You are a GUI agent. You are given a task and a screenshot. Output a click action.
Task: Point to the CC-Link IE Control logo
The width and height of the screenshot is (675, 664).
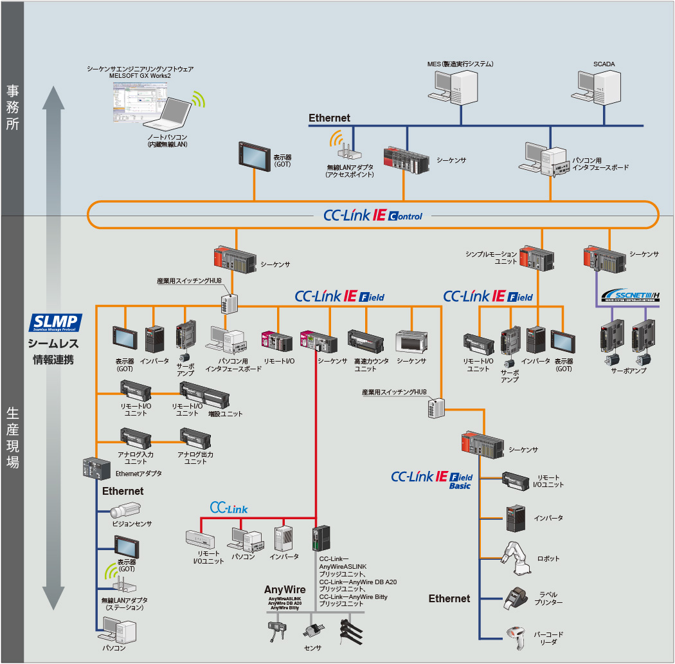(x=373, y=216)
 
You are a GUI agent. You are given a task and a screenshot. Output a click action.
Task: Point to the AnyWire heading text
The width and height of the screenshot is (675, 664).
(x=285, y=589)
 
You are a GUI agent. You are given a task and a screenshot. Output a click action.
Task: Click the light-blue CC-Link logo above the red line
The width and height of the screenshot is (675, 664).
(x=229, y=508)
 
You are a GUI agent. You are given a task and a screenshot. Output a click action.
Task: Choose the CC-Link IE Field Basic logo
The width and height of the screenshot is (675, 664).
(x=432, y=479)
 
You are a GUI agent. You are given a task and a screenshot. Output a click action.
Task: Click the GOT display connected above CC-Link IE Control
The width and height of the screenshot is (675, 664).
(x=256, y=156)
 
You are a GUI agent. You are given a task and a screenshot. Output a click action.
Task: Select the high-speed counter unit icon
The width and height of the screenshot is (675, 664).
(x=366, y=342)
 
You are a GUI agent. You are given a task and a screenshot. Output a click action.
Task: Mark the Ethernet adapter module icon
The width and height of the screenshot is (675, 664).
(x=96, y=467)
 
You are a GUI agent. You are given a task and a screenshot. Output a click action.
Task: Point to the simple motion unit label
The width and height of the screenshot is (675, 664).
(x=492, y=258)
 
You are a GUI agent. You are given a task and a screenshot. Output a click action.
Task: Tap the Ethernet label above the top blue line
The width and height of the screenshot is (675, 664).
(x=329, y=118)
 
